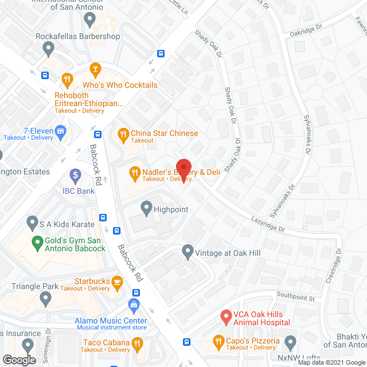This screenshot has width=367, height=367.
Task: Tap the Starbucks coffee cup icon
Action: [118, 281]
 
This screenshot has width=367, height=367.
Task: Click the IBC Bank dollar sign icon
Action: [75, 174]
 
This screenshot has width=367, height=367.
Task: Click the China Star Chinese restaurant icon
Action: [123, 135]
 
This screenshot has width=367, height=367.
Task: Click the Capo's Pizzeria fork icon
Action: [218, 342]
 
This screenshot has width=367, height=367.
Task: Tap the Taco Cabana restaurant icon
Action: [137, 344]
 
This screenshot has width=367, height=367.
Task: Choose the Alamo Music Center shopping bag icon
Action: [135, 303]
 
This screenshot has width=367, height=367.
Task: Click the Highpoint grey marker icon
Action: [146, 206]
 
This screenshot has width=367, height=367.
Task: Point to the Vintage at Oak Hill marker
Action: [187, 251]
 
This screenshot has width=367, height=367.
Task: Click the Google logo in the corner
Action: [19, 360]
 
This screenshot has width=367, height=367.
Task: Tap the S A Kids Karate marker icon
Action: [32, 221]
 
